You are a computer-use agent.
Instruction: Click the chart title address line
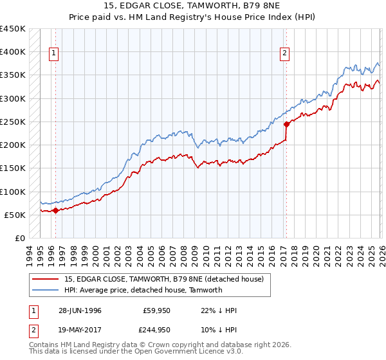tap(193, 6)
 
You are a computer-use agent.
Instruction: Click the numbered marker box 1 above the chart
tap(55, 54)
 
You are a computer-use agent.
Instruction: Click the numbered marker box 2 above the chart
tap(284, 54)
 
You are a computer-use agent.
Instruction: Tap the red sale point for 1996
tap(55, 210)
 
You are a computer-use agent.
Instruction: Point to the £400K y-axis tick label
tap(13, 52)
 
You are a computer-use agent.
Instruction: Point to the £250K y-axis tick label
tap(13, 122)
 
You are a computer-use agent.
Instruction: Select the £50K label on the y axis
tap(15, 215)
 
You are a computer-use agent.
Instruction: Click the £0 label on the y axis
tap(20, 238)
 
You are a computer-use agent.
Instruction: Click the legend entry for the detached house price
tap(163, 279)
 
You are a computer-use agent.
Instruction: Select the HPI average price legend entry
tap(143, 290)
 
